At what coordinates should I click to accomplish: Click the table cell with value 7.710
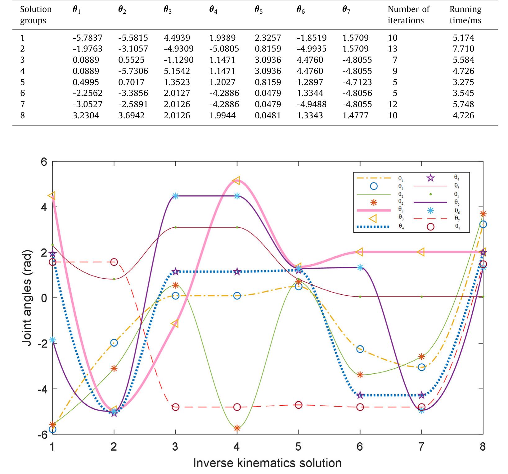coord(463,49)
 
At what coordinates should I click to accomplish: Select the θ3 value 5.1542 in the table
coord(177,71)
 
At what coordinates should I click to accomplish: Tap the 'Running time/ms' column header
coord(465,15)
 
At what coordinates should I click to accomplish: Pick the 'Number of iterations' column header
coord(408,15)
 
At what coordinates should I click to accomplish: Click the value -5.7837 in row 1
coord(88,38)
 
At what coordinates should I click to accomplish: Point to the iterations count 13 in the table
coord(393,49)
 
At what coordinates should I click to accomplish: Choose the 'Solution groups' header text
coord(36,15)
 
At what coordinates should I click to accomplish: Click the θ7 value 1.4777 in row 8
coord(355,116)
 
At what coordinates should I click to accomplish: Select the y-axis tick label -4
coord(42,389)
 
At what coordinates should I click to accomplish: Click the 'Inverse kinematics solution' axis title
coord(267,463)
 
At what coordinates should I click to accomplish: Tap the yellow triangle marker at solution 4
coord(236,180)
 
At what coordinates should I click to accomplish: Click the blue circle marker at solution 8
coord(483,224)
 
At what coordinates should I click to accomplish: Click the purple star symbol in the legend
coord(430,178)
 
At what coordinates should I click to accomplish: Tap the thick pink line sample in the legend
coord(372,211)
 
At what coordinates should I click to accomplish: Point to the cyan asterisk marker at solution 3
coord(176,196)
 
